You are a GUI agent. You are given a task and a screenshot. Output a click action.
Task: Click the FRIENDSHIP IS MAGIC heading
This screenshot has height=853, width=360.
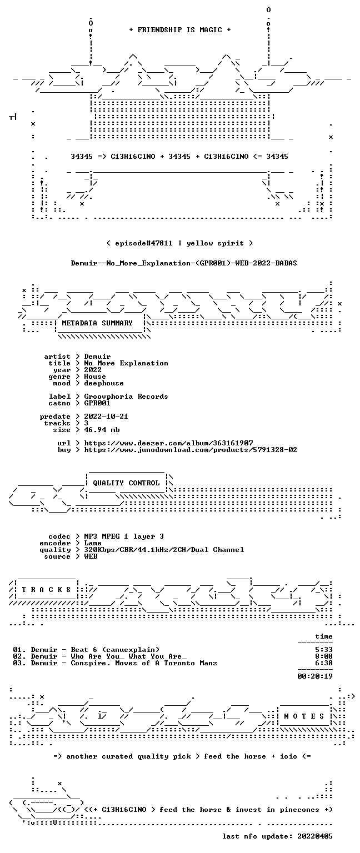click(180, 29)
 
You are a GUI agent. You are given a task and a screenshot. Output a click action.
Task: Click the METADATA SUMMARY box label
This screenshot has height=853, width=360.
click(97, 323)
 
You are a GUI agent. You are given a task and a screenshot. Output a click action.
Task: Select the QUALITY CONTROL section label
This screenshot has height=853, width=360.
click(126, 483)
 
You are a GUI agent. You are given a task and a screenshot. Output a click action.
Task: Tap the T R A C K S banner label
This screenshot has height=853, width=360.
click(46, 589)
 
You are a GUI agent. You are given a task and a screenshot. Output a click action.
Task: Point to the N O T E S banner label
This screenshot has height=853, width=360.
click(304, 716)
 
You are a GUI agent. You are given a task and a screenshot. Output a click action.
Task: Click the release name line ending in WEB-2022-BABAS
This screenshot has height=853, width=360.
click(184, 263)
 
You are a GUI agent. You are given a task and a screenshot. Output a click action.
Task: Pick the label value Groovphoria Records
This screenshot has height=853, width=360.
click(126, 397)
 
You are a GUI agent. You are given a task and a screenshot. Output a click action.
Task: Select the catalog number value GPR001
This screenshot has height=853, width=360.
click(97, 403)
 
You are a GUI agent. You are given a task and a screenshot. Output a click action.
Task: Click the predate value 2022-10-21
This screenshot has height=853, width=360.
click(106, 416)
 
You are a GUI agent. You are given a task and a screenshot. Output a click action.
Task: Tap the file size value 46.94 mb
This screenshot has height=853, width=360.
click(102, 429)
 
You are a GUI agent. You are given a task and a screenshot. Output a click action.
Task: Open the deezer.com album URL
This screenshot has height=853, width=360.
click(168, 443)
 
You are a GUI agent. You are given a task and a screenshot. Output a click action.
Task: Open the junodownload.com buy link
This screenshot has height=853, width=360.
click(191, 450)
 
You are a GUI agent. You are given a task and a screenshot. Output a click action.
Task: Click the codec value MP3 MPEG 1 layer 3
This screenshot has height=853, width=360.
click(124, 536)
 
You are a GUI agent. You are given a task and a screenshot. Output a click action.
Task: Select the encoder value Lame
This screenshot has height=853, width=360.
click(93, 543)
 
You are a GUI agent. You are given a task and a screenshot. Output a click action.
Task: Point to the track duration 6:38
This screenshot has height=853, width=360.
click(323, 663)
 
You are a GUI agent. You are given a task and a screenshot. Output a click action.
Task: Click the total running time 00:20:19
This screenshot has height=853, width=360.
click(314, 676)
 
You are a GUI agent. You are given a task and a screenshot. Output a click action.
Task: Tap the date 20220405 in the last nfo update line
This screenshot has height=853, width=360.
click(314, 836)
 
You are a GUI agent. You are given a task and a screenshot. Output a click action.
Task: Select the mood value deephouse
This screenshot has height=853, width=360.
click(104, 383)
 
